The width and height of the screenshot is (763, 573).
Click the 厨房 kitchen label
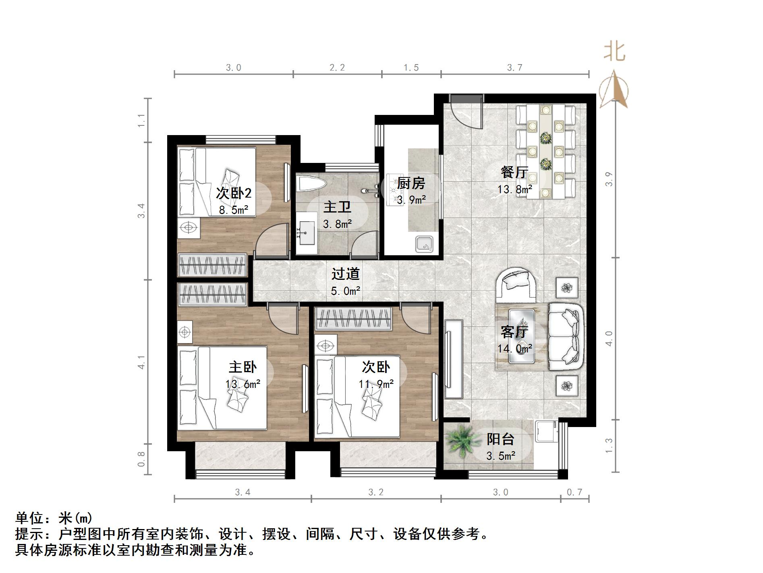411,183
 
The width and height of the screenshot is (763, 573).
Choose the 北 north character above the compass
614,52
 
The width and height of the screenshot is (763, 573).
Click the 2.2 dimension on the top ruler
337,67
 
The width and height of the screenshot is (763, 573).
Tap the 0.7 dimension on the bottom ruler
574,492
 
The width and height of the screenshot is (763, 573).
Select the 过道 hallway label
345,274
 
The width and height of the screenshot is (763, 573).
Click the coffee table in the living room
522,336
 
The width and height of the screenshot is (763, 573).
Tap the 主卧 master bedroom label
243,367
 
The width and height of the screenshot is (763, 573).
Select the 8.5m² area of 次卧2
233,210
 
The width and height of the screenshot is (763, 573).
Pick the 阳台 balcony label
500,440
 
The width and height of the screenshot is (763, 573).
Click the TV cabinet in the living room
454,359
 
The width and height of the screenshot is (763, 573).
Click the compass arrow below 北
614,90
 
